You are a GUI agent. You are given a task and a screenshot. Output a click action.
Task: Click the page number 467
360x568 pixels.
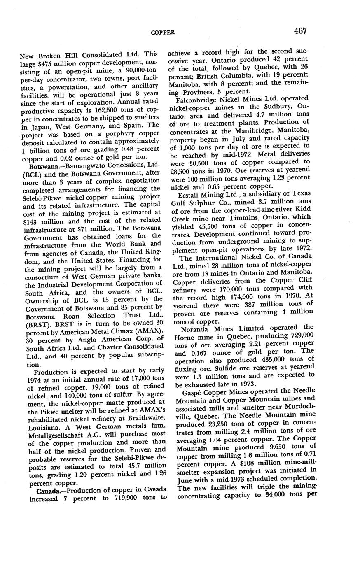(301, 31)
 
